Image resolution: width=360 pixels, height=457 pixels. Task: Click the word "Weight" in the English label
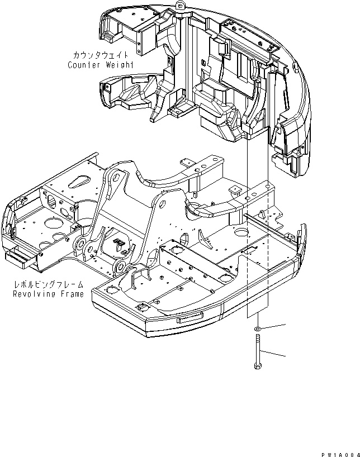119,65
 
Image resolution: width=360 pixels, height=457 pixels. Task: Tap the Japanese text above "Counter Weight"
101,55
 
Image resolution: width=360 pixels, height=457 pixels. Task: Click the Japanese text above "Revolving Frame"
49,284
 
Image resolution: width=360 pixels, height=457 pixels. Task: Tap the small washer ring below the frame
257,329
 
